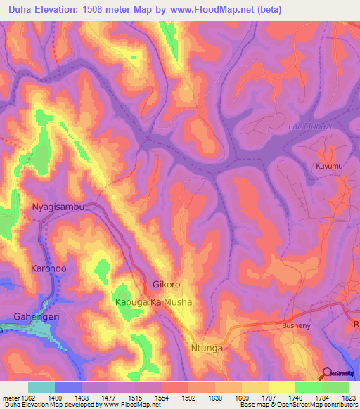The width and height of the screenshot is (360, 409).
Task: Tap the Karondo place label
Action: pos(49,268)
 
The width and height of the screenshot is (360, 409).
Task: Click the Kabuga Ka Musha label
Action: pos(153,301)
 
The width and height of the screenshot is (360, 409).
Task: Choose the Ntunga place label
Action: pos(207,348)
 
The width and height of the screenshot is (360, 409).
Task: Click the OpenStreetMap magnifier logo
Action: pos(327,374)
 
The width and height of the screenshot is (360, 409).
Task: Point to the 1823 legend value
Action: pos(348,398)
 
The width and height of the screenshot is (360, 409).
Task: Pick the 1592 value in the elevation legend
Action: pos(188,398)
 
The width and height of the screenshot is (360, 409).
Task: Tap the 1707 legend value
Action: pos(268,398)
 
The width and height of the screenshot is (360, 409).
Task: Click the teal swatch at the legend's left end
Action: pos(41,387)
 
